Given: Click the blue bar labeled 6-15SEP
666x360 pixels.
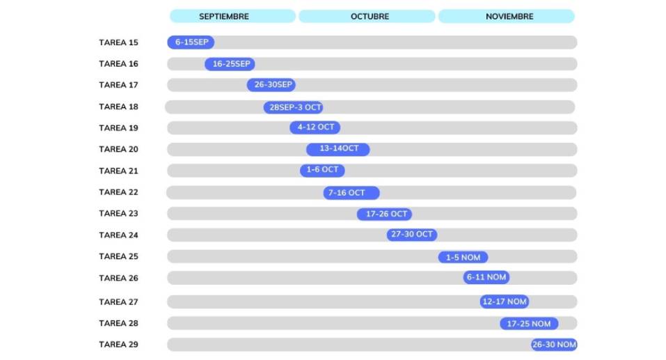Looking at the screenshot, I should pyautogui.click(x=191, y=42).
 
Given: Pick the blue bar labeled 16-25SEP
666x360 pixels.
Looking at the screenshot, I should pyautogui.click(x=230, y=64).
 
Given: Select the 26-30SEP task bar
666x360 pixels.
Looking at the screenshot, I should pyautogui.click(x=271, y=85).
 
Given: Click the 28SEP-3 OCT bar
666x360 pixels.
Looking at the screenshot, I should pyautogui.click(x=294, y=107).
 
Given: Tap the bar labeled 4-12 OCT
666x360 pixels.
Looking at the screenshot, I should pyautogui.click(x=315, y=128).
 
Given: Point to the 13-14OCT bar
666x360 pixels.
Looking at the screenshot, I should pyautogui.click(x=338, y=149).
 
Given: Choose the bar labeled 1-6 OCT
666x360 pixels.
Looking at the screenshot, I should pyautogui.click(x=322, y=171).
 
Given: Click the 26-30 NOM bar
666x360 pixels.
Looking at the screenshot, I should pyautogui.click(x=554, y=345).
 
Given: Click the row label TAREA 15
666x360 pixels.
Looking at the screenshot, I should pyautogui.click(x=118, y=42).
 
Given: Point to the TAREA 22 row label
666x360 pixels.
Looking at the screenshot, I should pyautogui.click(x=118, y=192).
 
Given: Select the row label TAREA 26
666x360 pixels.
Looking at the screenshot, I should pyautogui.click(x=118, y=278).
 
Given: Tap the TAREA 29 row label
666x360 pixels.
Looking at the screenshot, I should pyautogui.click(x=118, y=345).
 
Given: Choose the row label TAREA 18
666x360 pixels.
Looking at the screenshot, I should pyautogui.click(x=118, y=107).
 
